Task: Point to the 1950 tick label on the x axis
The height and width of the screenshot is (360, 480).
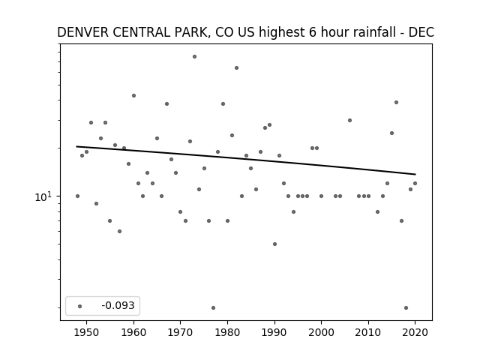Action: [x=87, y=332]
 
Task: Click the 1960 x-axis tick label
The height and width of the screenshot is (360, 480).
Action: [x=133, y=332]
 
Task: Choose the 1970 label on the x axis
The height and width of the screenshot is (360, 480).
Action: [x=180, y=332]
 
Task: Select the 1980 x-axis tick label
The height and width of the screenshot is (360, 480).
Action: [x=227, y=332]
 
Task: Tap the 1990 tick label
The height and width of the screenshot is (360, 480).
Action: [x=274, y=332]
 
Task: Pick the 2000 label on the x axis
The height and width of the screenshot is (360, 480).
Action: [x=321, y=332]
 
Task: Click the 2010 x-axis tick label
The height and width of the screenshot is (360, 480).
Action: [x=368, y=332]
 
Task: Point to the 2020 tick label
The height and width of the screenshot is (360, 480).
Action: [x=415, y=332]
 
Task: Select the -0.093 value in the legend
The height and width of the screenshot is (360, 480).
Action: [x=118, y=305]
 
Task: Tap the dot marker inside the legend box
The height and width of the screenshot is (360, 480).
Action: [x=80, y=306]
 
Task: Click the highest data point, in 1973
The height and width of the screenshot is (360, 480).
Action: [x=194, y=57]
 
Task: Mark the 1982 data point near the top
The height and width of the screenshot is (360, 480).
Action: [x=237, y=68]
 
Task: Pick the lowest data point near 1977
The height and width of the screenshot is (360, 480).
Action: [x=213, y=307]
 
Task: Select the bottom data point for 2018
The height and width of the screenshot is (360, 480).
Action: [x=406, y=307]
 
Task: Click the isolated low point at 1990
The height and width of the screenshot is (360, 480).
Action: [x=275, y=244]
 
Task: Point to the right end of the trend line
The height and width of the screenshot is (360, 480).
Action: [x=415, y=175]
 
